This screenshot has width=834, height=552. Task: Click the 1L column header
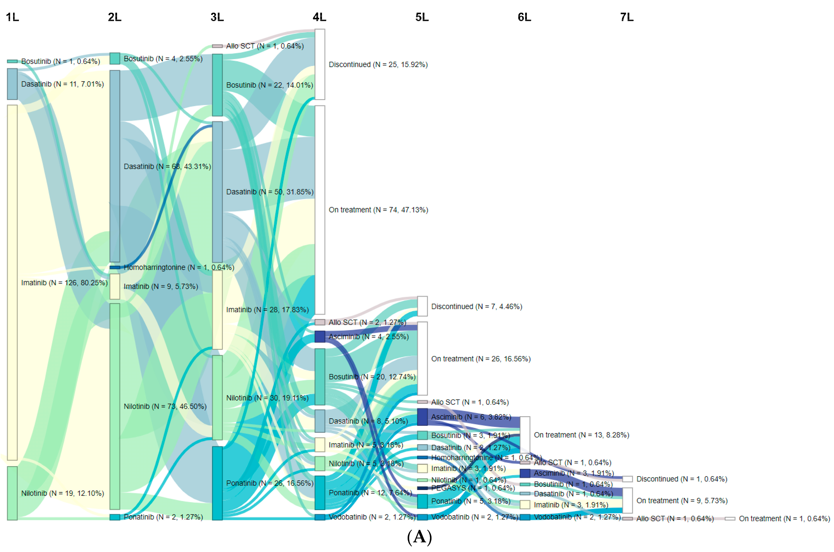point(12,17)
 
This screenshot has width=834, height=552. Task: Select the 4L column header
point(319,17)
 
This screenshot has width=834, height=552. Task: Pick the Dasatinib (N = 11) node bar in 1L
point(12,84)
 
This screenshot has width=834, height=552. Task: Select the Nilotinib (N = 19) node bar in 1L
point(12,493)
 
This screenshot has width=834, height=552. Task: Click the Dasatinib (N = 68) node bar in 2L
point(115,166)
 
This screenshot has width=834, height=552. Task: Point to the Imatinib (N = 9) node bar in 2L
point(115,286)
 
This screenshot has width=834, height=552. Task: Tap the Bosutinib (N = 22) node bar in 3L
point(217,85)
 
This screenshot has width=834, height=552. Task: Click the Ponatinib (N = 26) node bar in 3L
point(217,483)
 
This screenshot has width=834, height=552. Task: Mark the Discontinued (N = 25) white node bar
point(320,64)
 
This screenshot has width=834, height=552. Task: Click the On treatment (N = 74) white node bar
point(320,210)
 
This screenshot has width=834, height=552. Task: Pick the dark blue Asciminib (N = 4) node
point(320,336)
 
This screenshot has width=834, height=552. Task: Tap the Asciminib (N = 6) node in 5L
point(422,417)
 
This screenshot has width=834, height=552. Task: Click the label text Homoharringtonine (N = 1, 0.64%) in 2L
point(179,267)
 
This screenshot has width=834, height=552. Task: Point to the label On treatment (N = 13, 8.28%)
point(581,435)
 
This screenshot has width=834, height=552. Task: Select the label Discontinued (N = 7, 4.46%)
point(476,306)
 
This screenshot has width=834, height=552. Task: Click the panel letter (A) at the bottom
point(419,537)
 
